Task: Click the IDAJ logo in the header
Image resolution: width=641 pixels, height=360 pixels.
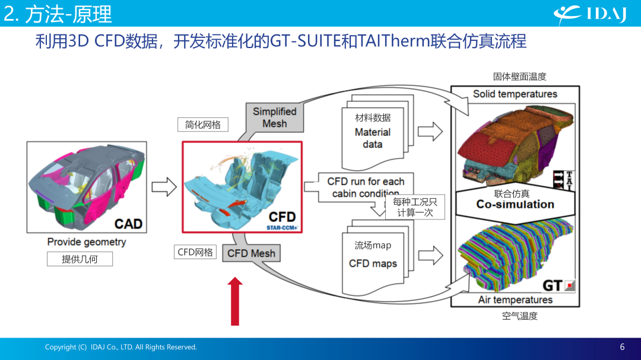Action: click(590, 14)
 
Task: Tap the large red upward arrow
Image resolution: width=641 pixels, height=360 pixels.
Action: click(234, 301)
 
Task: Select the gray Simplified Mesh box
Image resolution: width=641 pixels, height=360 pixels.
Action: click(274, 117)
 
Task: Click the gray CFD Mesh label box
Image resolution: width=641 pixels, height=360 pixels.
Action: click(251, 253)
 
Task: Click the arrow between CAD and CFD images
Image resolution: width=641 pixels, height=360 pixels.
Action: click(164, 187)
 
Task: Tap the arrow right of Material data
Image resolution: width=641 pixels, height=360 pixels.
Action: click(430, 132)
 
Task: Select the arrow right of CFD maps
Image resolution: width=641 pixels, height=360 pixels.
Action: click(430, 256)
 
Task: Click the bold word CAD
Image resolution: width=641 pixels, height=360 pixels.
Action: click(128, 224)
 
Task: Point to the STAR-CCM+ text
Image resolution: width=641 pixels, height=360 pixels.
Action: click(282, 228)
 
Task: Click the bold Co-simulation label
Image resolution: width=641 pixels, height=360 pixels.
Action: click(515, 204)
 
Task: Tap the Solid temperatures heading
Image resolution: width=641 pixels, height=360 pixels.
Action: click(515, 94)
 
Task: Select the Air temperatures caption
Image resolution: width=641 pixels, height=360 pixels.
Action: click(515, 300)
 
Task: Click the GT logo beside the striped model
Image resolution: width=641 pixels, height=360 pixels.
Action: click(559, 285)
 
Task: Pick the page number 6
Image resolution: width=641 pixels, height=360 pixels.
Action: click(622, 347)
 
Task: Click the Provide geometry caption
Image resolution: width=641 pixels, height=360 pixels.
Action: click(87, 242)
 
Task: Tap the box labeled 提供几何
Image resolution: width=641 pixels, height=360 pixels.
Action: click(80, 259)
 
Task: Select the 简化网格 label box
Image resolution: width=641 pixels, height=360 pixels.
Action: click(203, 125)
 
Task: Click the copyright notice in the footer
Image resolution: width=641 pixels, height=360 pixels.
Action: click(121, 347)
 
